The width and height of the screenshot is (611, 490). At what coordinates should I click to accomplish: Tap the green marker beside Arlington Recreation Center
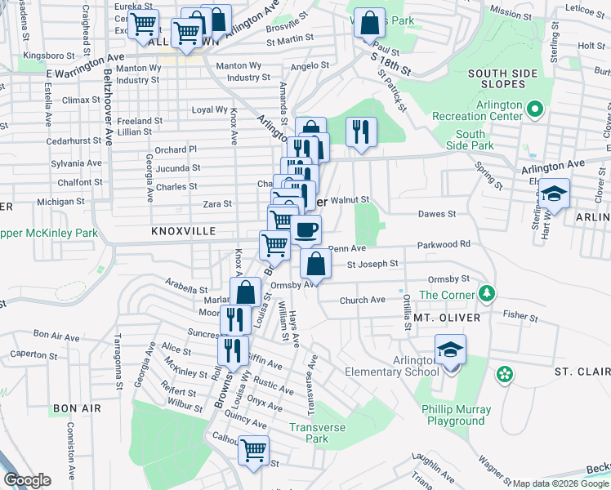(536, 109)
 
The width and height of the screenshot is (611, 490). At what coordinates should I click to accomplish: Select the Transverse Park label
(318, 433)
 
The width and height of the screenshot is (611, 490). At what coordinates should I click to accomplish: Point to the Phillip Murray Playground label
(457, 415)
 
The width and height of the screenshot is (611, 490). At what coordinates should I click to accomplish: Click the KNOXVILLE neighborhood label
(183, 232)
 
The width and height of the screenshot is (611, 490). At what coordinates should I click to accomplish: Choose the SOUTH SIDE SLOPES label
(502, 79)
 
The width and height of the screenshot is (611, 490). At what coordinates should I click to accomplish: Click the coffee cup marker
(307, 231)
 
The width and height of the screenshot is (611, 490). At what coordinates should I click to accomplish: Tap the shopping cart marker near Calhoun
(254, 450)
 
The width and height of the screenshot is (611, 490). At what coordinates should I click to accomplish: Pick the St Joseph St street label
(372, 264)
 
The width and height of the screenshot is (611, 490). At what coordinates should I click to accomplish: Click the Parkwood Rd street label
(444, 244)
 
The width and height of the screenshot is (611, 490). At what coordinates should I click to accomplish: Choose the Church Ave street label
(362, 301)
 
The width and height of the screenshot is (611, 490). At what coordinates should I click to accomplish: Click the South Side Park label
(471, 140)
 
